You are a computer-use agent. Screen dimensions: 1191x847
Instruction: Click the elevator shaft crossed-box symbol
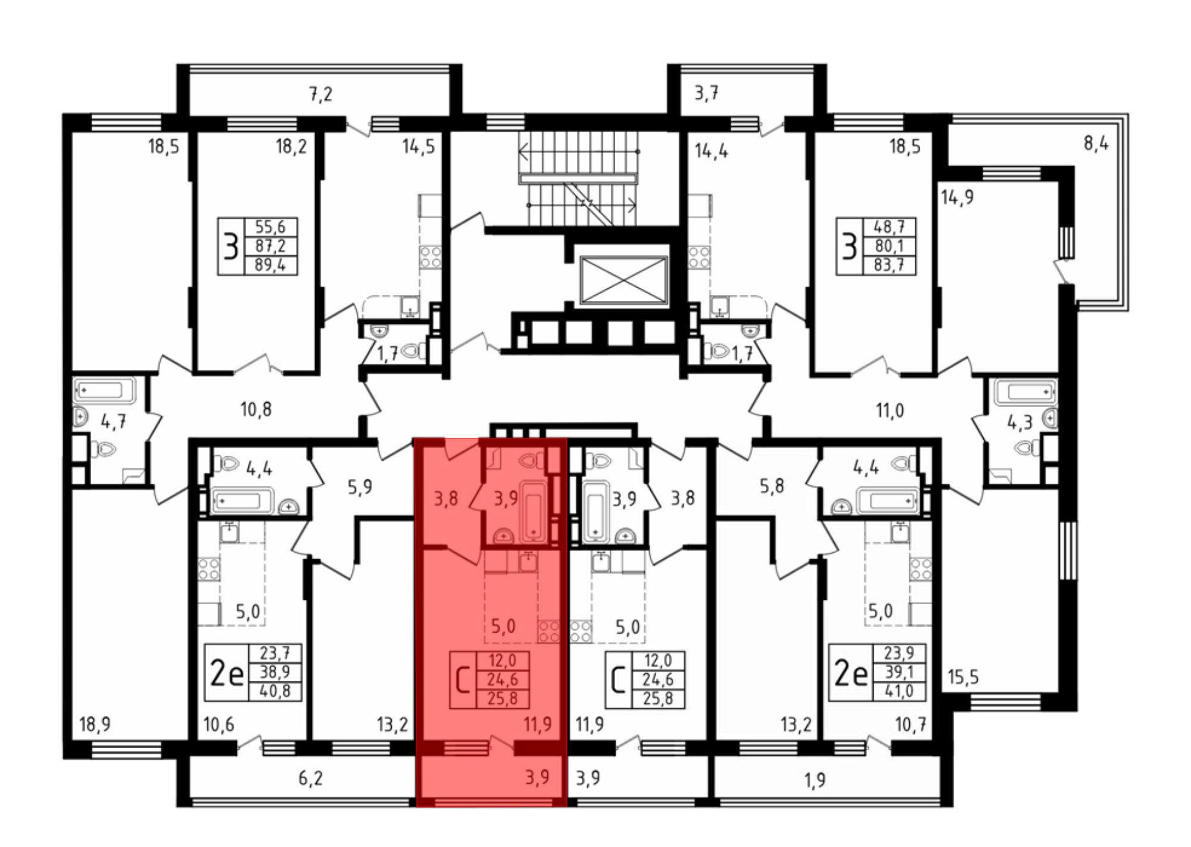click(623, 281)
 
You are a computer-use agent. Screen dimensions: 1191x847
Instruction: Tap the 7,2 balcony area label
click(320, 94)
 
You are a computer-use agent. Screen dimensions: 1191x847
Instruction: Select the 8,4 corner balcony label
click(1096, 144)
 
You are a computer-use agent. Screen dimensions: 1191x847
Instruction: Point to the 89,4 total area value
click(270, 265)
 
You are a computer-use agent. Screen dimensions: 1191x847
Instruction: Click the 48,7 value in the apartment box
click(888, 227)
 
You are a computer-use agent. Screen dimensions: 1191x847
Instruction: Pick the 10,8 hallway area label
click(256, 409)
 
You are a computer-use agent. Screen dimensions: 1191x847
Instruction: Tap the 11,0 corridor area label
click(890, 410)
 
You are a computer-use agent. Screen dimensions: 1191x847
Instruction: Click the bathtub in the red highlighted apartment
click(534, 511)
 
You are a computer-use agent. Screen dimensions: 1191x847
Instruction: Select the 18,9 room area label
click(95, 724)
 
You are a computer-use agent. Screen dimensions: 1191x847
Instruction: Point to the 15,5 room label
click(963, 677)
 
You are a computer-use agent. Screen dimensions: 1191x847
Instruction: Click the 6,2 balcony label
click(310, 779)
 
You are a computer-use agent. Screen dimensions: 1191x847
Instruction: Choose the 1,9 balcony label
click(815, 780)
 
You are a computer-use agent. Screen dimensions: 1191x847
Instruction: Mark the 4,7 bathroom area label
click(113, 422)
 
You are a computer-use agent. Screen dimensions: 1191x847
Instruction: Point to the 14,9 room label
click(957, 197)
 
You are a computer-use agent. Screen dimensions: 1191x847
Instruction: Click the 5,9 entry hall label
click(360, 487)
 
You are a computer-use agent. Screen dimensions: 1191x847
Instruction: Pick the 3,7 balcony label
click(706, 93)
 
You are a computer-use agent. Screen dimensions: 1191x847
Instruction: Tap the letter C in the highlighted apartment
click(462, 680)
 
